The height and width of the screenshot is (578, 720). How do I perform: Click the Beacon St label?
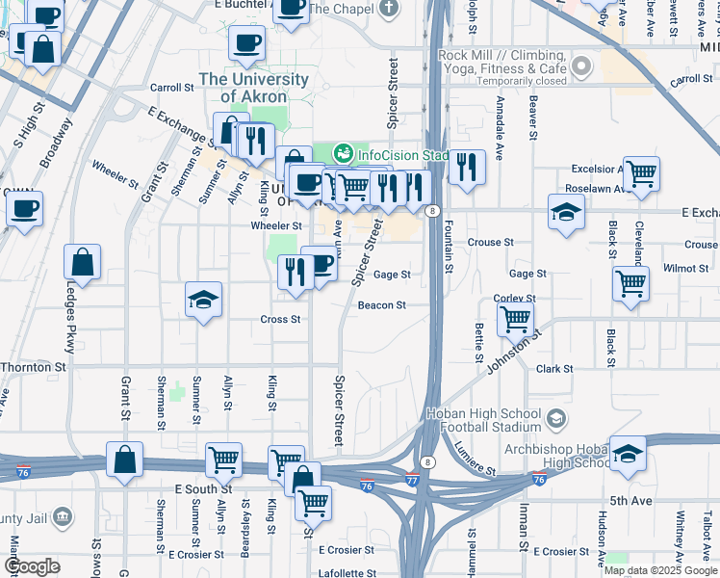pos(380,305)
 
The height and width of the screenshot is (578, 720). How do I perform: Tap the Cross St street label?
pos(281,320)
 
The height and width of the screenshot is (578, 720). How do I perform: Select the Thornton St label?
pos(33,367)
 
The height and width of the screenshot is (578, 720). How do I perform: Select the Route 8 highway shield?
pos(435,210)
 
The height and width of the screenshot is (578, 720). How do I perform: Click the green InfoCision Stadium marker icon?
pos(344,153)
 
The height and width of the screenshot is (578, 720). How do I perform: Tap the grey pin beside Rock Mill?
pos(580,66)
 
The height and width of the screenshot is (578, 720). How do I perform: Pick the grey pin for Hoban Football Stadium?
pos(555,419)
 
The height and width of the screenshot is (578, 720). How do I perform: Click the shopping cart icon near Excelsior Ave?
pos(640,173)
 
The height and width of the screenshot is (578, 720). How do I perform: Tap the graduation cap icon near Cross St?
pos(203,301)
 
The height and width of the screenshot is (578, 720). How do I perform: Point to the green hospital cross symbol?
pos(175,393)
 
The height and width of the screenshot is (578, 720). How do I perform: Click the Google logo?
pos(32,566)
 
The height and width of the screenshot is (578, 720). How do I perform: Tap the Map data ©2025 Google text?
pos(659,569)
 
